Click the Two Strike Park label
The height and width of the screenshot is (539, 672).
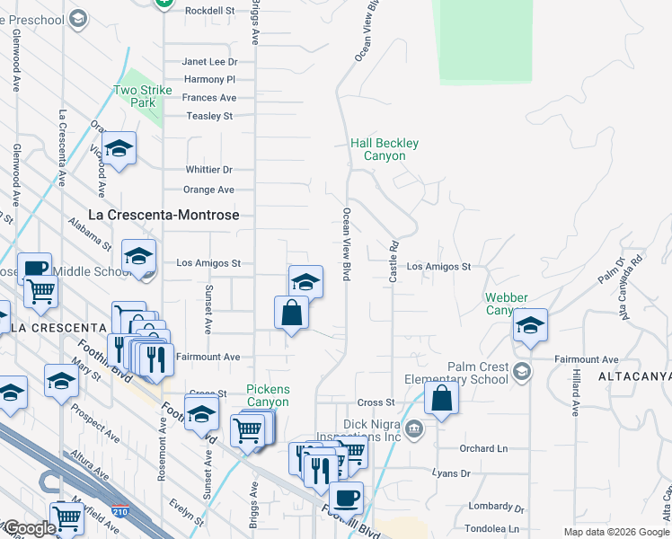pyautogui.click(x=135, y=96)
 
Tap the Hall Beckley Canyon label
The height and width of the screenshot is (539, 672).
pyautogui.click(x=385, y=149)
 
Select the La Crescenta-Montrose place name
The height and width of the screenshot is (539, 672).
pyautogui.click(x=164, y=216)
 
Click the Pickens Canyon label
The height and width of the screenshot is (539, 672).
pyautogui.click(x=269, y=395)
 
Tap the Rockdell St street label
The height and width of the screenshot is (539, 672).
pyautogui.click(x=209, y=11)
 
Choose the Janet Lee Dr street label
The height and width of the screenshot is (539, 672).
pyautogui.click(x=209, y=62)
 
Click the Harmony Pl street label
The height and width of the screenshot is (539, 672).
pyautogui.click(x=208, y=80)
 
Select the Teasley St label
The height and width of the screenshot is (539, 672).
pyautogui.click(x=209, y=116)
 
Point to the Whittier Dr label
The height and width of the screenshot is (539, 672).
pyautogui.click(x=209, y=170)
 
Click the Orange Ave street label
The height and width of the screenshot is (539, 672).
pyautogui.click(x=208, y=190)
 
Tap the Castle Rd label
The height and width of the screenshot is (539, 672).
pyautogui.click(x=393, y=261)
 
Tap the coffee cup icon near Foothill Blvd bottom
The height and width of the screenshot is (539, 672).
pyautogui.click(x=346, y=497)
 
